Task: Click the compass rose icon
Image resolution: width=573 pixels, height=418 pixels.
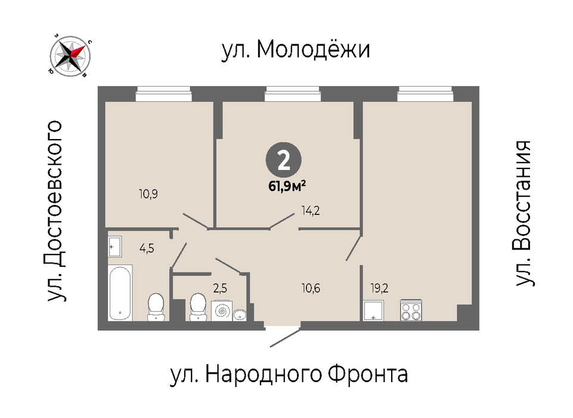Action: coord(70,56)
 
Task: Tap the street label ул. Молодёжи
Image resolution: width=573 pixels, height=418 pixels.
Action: coord(296,50)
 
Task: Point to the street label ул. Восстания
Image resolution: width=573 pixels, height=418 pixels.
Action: coord(523,213)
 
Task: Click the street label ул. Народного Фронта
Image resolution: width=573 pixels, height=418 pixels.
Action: coord(289,374)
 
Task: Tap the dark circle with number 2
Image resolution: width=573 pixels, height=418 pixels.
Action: coord(284,160)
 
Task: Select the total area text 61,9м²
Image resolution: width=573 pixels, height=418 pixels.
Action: coord(287,186)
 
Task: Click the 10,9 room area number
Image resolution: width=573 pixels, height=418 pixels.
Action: coord(148,193)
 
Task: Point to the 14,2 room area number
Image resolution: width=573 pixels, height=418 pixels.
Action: coord(310,210)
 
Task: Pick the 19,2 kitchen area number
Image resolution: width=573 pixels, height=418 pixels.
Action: coord(379,288)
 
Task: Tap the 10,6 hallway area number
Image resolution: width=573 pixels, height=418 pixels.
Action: coord(311,288)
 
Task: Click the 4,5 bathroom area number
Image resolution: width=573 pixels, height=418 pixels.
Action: coord(147,248)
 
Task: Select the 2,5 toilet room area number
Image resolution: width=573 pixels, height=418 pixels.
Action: coord(220,288)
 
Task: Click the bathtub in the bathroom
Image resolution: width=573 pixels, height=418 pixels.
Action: coord(120,293)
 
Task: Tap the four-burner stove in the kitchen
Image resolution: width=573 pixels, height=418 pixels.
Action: coord(411,311)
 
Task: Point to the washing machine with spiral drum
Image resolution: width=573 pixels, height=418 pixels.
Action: coord(221,311)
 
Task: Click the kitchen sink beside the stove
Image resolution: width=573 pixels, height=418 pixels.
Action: coord(373,311)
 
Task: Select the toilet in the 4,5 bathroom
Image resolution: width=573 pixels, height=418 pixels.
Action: coord(156,307)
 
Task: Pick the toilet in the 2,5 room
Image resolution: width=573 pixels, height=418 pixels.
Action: coord(198,307)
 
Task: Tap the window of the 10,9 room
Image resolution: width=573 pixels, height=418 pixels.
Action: coord(164,94)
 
